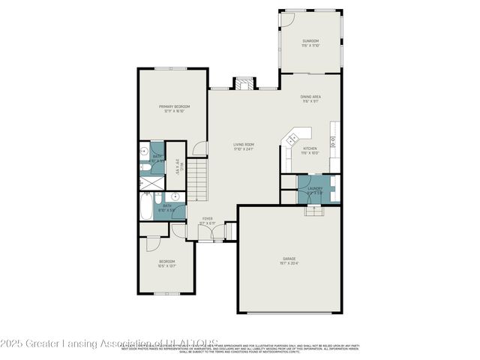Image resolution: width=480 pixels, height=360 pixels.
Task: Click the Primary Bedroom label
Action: (x=173, y=107)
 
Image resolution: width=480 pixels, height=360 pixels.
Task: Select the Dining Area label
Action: (x=311, y=97)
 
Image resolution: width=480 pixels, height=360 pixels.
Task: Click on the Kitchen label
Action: (x=310, y=148)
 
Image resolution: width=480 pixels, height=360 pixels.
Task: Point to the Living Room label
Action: (x=243, y=145)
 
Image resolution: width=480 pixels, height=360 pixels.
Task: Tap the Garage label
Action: (x=289, y=259)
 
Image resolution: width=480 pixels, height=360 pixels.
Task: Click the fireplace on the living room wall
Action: (x=244, y=83)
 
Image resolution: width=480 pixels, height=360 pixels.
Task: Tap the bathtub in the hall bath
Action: (x=145, y=205)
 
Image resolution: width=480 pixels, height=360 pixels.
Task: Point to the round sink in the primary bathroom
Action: (x=144, y=151)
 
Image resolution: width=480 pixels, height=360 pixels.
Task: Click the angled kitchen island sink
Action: (x=293, y=137)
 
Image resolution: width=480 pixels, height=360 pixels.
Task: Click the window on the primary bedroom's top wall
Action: (x=166, y=69)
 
